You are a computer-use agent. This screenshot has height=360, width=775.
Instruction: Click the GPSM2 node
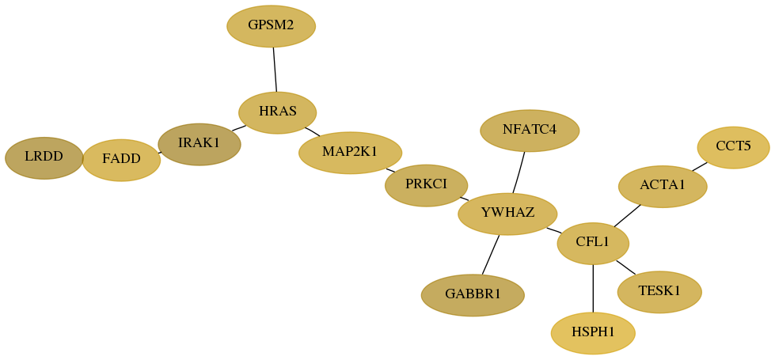[x=271, y=26]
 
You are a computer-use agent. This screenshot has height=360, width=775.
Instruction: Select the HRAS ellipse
[x=277, y=112]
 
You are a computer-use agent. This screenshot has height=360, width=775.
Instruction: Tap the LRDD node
[x=44, y=158]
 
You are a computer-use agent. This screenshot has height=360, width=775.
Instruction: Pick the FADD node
[x=121, y=160]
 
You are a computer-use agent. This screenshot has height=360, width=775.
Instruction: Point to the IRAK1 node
[x=199, y=144]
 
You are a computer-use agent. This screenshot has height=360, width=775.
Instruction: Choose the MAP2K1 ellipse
[x=350, y=153]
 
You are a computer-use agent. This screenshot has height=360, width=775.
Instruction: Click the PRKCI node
[x=426, y=185]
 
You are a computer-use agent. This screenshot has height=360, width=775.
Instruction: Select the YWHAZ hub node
[x=507, y=214]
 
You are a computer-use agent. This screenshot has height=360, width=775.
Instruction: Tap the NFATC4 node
[x=530, y=131]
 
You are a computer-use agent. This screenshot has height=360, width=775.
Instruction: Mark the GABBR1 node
[x=473, y=295]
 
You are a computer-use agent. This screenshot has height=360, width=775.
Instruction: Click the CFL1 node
[x=593, y=244]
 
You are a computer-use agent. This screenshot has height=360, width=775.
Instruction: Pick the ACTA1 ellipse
[x=663, y=186]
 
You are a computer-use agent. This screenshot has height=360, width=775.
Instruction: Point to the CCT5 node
[x=733, y=147]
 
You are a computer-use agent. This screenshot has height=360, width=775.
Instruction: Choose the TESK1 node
[x=659, y=292]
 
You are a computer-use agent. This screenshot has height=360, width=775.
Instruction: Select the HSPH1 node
[x=593, y=333]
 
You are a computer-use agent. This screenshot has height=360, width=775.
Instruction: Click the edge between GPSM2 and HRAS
[x=275, y=70]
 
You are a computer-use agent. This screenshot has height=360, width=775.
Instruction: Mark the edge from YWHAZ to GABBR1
[x=491, y=255]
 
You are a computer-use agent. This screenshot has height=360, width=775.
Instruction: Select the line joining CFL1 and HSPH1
[x=593, y=288]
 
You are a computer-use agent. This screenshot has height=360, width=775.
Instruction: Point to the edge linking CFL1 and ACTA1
[x=627, y=216]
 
